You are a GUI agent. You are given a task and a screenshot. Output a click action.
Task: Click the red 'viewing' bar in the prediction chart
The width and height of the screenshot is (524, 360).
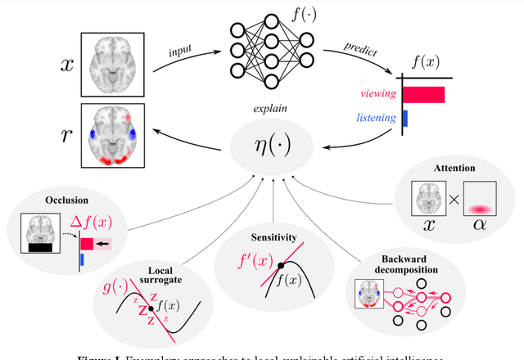tap(422, 94)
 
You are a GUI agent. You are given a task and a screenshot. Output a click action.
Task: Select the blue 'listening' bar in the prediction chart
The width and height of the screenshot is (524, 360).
tap(404, 119)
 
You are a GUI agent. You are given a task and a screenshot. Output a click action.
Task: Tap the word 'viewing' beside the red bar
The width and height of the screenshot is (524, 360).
tap(377, 94)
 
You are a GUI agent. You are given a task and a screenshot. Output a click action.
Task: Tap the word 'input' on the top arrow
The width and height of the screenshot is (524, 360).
tap(182, 51)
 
